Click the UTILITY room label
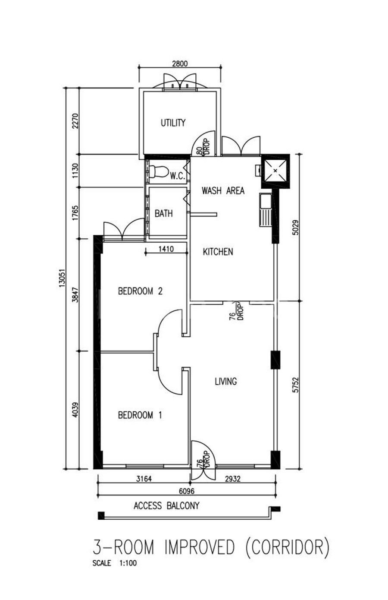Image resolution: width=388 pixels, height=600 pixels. [x=173, y=123]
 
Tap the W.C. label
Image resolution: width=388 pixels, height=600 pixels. [x=178, y=176]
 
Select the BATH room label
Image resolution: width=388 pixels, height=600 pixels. [x=163, y=214]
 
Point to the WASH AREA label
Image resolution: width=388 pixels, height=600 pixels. [x=223, y=191]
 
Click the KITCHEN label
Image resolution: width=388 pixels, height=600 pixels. [x=218, y=252]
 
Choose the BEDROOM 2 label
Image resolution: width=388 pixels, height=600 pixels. [x=140, y=291]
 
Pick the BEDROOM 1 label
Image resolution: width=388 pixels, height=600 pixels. [x=140, y=415]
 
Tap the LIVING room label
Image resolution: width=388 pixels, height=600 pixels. [x=226, y=381]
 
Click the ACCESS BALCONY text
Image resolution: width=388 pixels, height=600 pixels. [x=166, y=506]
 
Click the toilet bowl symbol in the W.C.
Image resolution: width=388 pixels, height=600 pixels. [x=158, y=171]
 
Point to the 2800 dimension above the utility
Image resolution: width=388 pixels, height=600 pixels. [x=180, y=64]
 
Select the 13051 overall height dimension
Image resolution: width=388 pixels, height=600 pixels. [x=62, y=278]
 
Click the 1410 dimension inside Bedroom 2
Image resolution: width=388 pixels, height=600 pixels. [x=166, y=249]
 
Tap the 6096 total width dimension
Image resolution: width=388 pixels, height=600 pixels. [x=187, y=491]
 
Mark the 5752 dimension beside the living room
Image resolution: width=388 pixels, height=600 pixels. [x=295, y=385]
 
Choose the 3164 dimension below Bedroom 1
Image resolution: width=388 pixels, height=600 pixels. [x=144, y=479]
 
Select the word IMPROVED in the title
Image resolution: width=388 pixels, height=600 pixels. [x=199, y=547]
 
